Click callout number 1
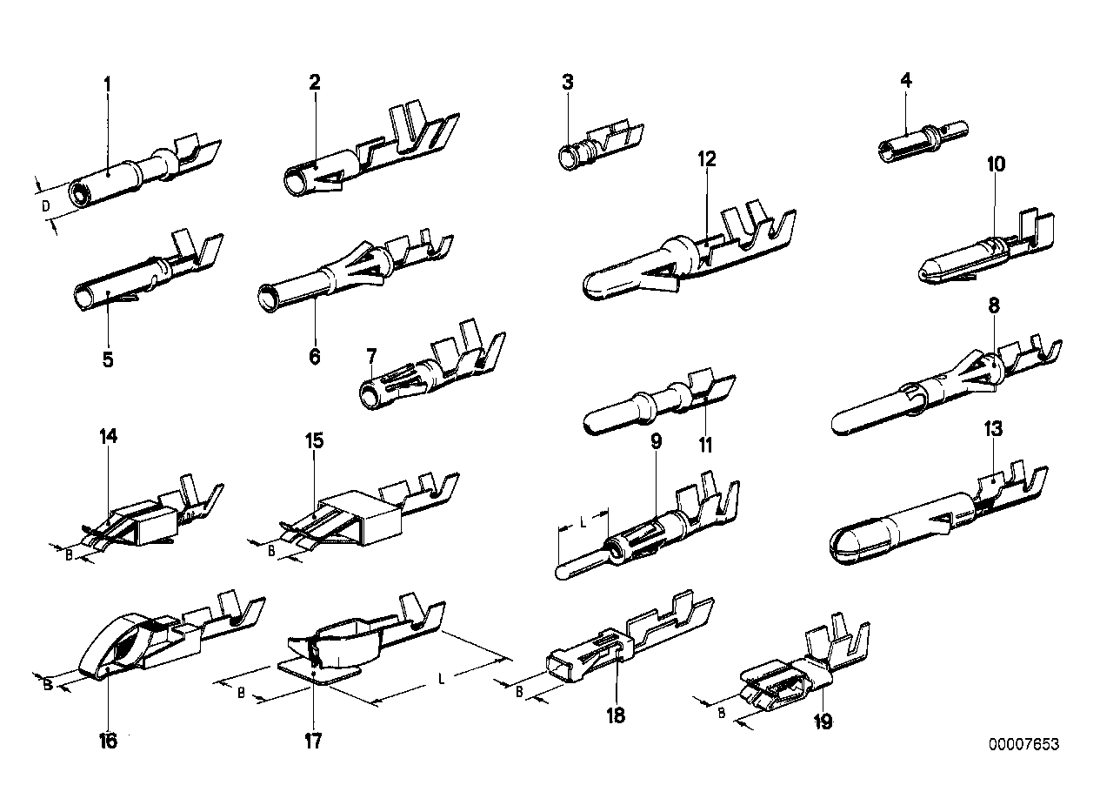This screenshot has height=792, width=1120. pyautogui.click(x=107, y=85)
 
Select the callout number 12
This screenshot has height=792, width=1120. pyautogui.click(x=706, y=159)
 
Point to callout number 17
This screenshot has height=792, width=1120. pyautogui.click(x=313, y=741)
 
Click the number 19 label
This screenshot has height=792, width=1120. pyautogui.click(x=822, y=722)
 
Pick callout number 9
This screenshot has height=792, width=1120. pyautogui.click(x=656, y=441)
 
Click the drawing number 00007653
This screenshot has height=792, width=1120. pyautogui.click(x=1023, y=745)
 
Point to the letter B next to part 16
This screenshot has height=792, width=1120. pyautogui.click(x=48, y=685)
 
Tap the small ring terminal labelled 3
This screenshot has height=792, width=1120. pyautogui.click(x=569, y=158)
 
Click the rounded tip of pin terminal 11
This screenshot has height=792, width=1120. pyautogui.click(x=593, y=421)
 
